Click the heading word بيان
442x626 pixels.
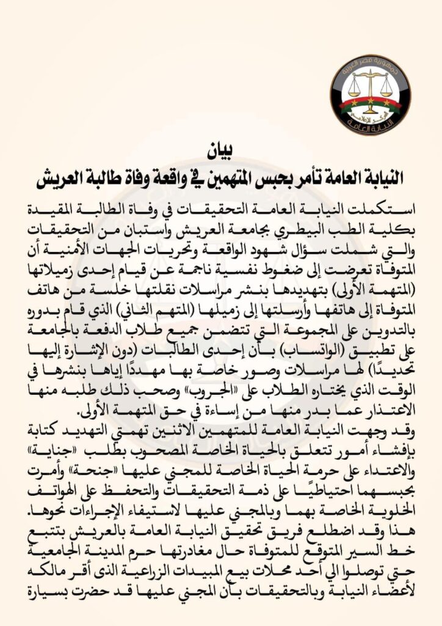pyautogui.click(x=221, y=149)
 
